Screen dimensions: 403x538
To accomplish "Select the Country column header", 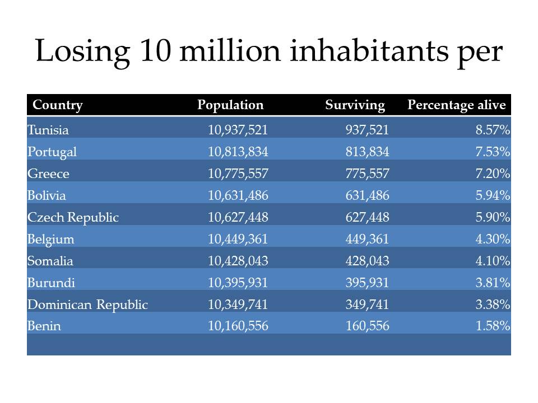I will (x=58, y=105).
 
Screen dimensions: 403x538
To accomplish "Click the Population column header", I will (x=230, y=105).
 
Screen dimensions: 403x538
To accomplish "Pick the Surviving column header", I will (x=355, y=105).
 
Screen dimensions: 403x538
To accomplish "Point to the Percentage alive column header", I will (x=456, y=105).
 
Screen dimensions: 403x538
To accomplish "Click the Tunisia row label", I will (x=48, y=130).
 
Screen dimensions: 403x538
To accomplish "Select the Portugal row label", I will (x=52, y=152).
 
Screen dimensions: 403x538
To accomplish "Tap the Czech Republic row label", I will (x=73, y=217).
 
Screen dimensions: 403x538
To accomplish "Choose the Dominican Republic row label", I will (x=87, y=304).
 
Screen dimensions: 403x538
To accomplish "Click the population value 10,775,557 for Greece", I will (x=238, y=174).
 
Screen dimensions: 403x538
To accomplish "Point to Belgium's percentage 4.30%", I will (x=493, y=239).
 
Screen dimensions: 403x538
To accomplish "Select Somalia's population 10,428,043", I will (x=238, y=261).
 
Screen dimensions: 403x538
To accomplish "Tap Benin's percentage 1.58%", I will (x=493, y=326).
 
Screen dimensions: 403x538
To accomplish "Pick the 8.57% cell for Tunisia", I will (x=493, y=130).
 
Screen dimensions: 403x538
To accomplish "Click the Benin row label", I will (x=44, y=326).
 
